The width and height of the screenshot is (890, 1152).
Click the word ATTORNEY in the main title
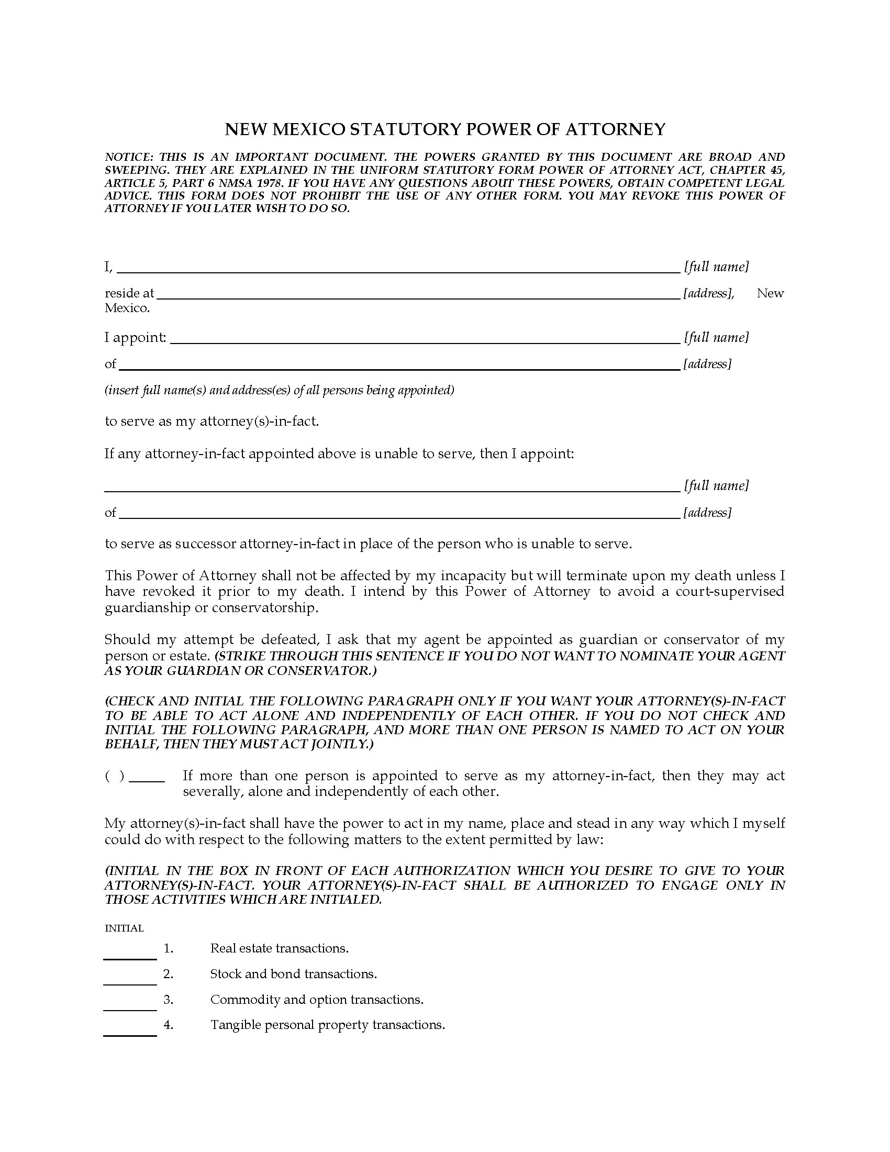coord(615,129)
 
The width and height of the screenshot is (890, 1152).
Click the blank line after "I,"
coord(398,269)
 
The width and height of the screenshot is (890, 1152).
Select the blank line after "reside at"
coord(418,295)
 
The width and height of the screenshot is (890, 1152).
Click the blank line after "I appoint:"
coord(425,340)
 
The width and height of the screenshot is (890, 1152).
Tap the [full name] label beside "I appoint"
coord(716,338)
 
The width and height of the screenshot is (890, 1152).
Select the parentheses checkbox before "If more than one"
coord(115,776)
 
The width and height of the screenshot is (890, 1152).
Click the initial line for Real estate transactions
coord(130,956)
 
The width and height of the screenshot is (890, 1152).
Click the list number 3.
coord(168,1000)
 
